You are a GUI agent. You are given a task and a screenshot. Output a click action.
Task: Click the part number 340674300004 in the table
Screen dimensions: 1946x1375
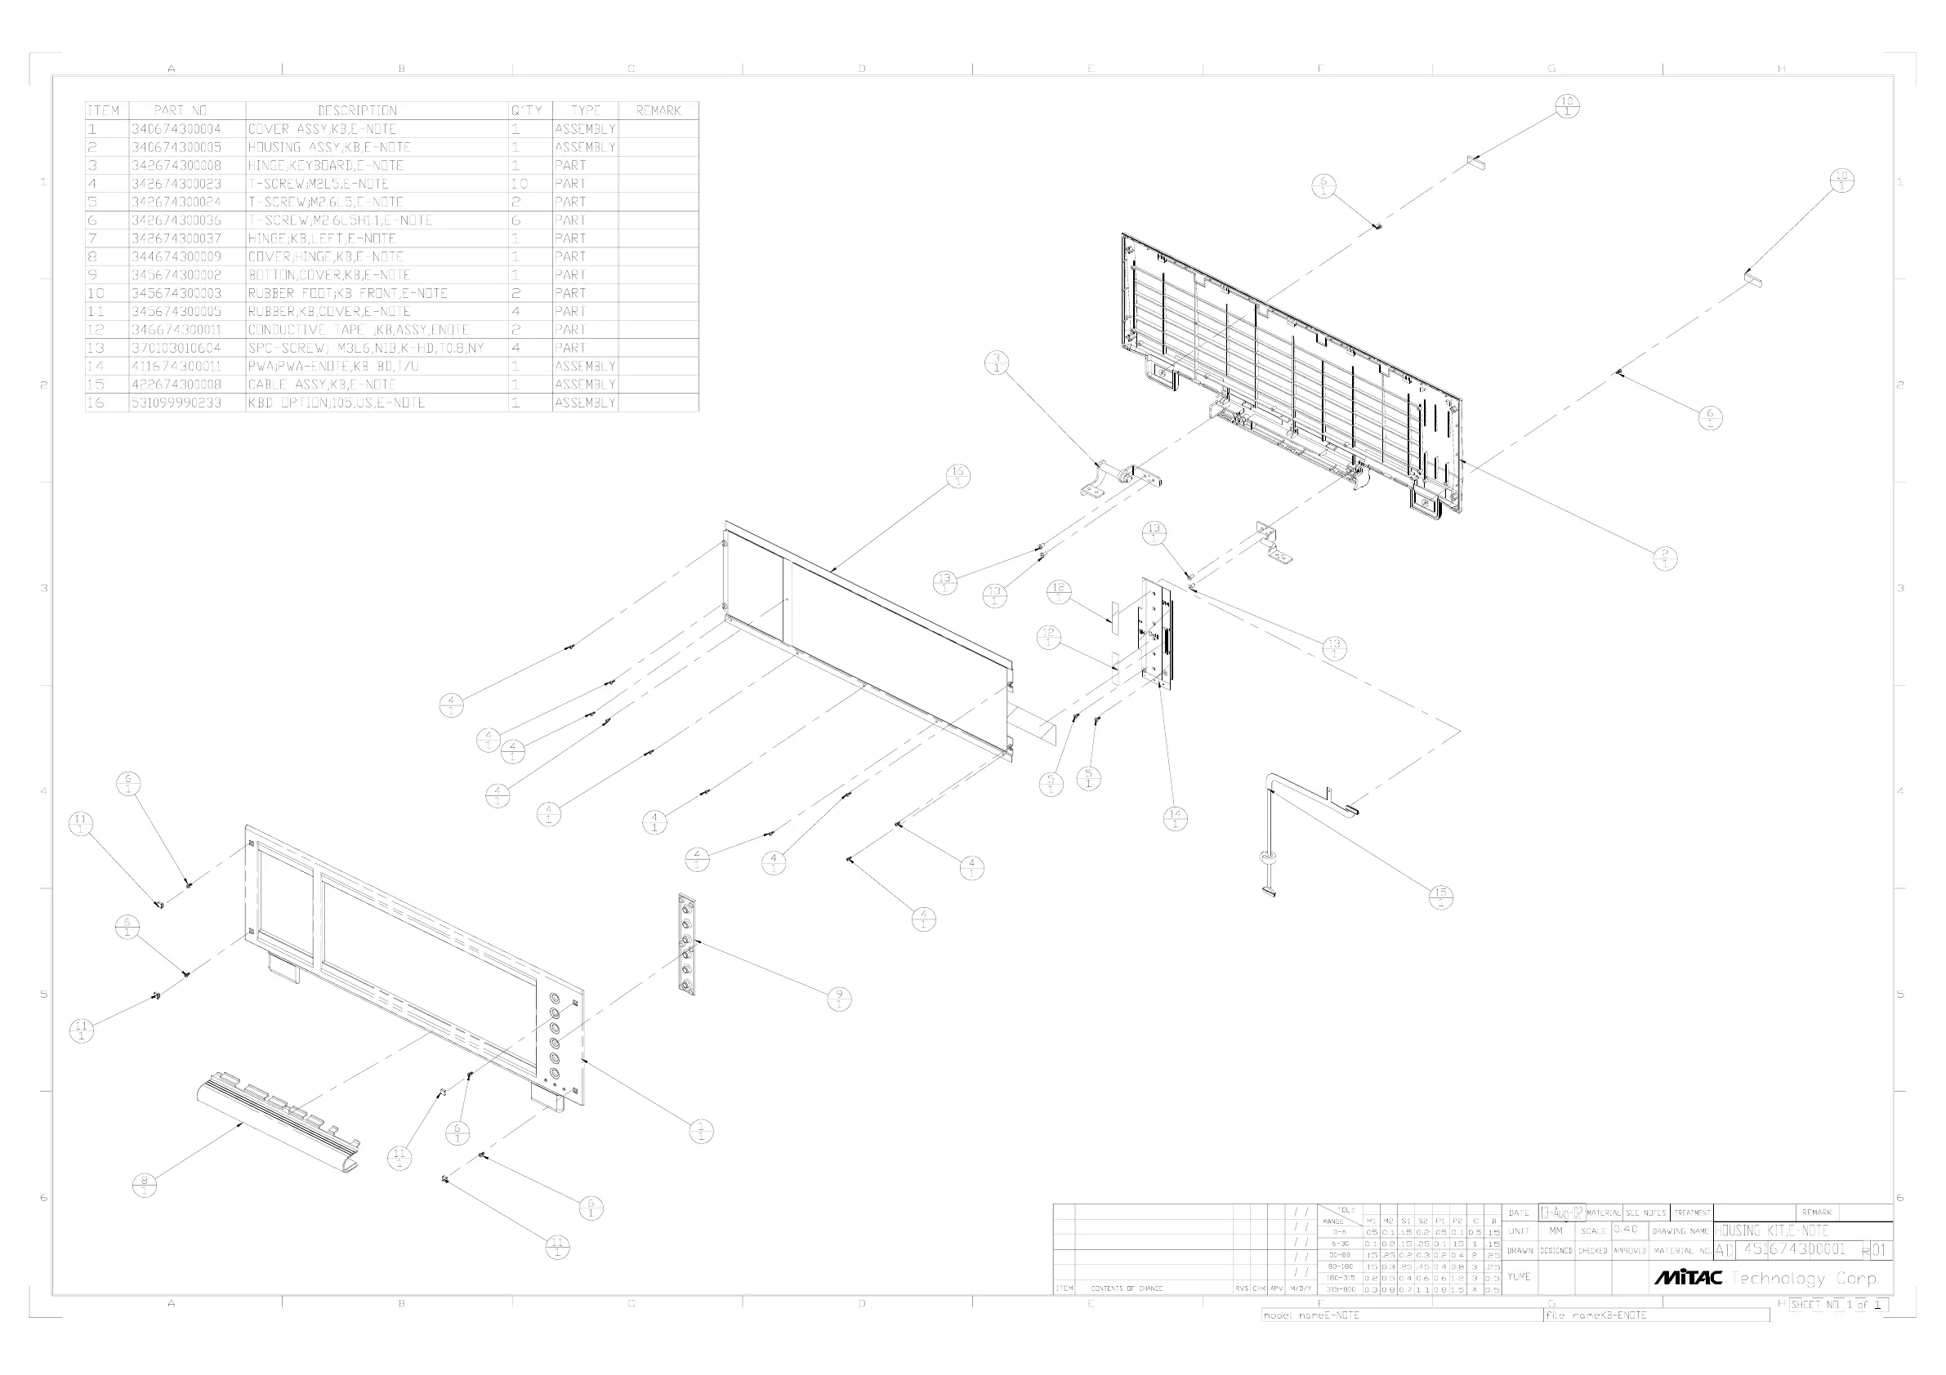point(176,129)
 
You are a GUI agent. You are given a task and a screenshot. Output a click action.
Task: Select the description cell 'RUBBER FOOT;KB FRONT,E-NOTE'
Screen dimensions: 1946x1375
point(347,293)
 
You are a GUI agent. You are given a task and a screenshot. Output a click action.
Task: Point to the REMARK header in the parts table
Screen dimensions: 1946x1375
point(658,110)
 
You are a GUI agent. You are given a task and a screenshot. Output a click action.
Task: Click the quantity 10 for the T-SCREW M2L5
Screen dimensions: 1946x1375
point(520,184)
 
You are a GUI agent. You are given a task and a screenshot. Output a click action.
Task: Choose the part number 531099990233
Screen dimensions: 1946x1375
point(176,403)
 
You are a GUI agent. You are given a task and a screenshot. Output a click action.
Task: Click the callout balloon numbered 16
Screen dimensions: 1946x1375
point(957,476)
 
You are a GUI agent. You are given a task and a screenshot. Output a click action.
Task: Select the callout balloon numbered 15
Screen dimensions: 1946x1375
point(1441,897)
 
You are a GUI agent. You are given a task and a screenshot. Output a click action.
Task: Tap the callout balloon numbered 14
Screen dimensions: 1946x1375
point(1175,818)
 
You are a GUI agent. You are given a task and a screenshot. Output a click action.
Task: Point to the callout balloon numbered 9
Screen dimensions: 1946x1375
point(839,999)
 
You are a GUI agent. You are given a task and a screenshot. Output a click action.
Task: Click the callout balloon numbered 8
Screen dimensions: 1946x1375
point(145,1186)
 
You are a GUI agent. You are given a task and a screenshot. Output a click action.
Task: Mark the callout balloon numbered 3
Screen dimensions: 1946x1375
point(997,363)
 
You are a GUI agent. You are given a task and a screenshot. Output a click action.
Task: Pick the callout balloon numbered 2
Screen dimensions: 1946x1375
point(1666,558)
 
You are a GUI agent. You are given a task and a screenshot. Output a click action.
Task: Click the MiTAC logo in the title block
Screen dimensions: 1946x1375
point(1688,1277)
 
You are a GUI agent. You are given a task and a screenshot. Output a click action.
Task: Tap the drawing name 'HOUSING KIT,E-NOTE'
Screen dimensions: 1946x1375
point(1771,1230)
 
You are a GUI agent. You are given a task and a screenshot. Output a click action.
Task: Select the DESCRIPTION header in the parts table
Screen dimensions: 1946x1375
point(357,110)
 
